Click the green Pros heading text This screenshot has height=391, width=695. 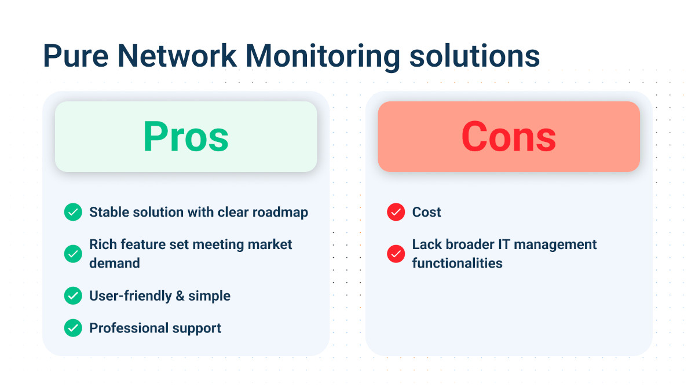click(x=186, y=137)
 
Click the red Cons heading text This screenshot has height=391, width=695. click(x=509, y=137)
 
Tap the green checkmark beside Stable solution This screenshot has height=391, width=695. click(x=73, y=212)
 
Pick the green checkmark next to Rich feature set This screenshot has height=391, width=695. click(x=73, y=254)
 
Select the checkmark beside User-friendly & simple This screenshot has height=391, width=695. click(x=73, y=295)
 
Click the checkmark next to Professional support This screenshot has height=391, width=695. click(x=73, y=328)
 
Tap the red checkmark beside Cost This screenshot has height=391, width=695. click(x=396, y=212)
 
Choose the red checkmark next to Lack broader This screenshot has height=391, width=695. click(x=396, y=254)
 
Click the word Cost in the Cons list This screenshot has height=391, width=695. click(x=426, y=212)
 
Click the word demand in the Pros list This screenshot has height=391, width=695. click(x=114, y=263)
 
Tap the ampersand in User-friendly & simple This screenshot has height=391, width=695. click(x=180, y=295)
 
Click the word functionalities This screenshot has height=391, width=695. click(x=457, y=263)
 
